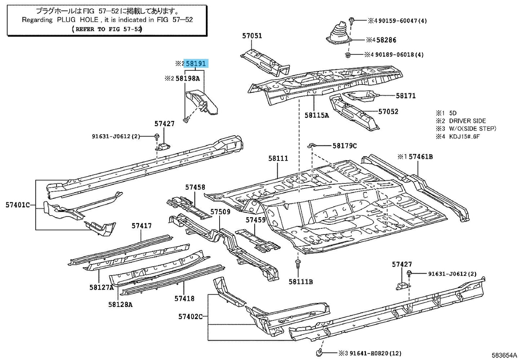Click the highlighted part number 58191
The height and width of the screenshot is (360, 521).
point(196,64)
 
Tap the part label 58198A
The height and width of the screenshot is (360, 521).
point(187,78)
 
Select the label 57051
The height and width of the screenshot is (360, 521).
point(252,36)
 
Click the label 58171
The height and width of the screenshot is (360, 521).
point(406,96)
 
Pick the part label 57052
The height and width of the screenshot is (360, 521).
point(388,111)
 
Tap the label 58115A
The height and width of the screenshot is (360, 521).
point(317,115)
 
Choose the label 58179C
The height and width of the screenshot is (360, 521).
point(344,146)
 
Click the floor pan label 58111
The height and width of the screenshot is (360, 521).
point(278,158)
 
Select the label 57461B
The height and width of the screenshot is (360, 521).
point(420,157)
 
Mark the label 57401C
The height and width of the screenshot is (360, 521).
point(18,205)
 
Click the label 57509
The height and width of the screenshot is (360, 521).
point(220,212)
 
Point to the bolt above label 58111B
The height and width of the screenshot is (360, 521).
point(298,264)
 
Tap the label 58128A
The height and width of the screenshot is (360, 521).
point(120,304)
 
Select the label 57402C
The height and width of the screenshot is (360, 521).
point(190,317)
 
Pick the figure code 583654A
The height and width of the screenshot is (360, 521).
point(504,355)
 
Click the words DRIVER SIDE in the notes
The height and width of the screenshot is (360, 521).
point(467,121)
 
